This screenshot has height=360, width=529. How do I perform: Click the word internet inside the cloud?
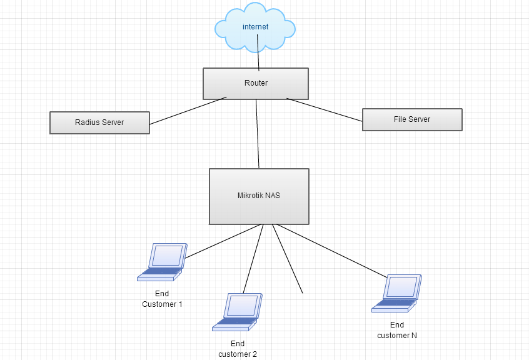pos(256,27)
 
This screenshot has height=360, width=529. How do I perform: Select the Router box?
pos(256,83)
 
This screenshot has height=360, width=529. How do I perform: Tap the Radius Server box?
pos(99,122)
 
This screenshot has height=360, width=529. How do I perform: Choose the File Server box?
pos(412,119)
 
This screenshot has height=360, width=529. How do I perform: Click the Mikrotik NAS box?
pos(259,196)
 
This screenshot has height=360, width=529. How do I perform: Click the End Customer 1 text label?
pos(162,299)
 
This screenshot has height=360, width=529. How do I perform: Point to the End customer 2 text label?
pos(238,349)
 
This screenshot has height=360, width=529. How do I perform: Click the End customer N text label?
pos(397,330)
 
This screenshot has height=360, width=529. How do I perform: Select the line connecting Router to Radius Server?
pos(188,111)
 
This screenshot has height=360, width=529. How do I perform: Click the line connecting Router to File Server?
pos(325,109)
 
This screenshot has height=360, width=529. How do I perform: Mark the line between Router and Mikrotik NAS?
pos(258,134)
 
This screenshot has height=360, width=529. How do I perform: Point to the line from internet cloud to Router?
pos(258,59)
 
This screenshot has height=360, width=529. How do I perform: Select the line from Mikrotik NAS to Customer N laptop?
pos(331,251)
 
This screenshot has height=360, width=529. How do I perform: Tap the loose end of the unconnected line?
pos(303,292)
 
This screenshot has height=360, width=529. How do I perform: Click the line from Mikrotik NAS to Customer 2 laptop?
pos(252,259)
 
